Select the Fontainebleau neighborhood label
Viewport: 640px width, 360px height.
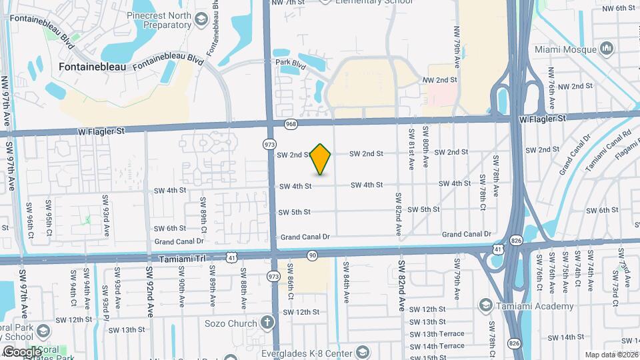coord(93,67)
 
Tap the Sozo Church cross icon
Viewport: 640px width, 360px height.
coord(267,323)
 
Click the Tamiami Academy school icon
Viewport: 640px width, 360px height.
coord(486,306)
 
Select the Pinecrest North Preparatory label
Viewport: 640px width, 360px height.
coord(153,20)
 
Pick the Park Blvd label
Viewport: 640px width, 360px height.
coord(290,64)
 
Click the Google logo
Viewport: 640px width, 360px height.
coord(22,352)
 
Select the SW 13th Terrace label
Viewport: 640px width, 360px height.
coord(437,334)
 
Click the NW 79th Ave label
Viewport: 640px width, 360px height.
coord(457,45)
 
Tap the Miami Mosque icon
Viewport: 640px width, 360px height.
coord(607,48)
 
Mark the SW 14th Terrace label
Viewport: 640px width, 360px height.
coord(437,346)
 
